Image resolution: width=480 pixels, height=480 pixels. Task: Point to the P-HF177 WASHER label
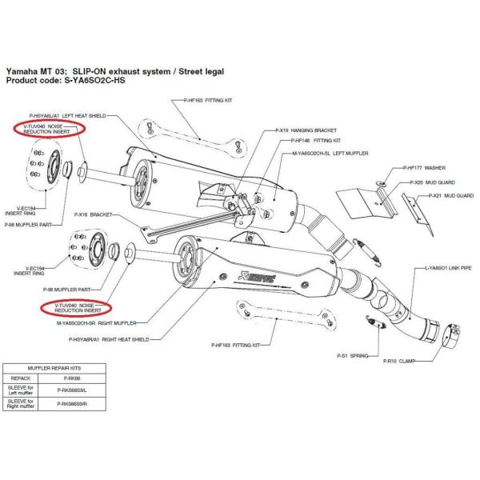coord(411,169)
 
